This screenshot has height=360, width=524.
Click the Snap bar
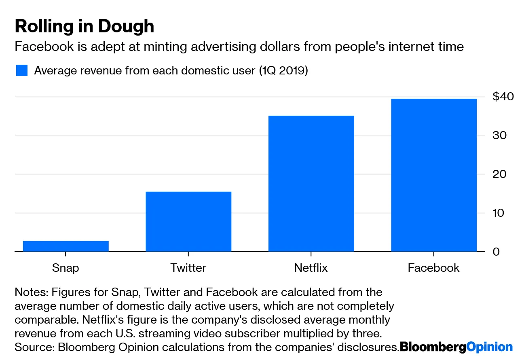click(x=66, y=246)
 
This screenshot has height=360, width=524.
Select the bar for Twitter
click(x=188, y=221)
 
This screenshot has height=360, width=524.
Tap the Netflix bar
click(x=311, y=183)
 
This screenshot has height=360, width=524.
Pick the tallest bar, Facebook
click(x=434, y=175)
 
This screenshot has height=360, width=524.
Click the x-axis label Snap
click(x=65, y=268)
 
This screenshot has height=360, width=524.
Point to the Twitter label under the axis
click(x=188, y=268)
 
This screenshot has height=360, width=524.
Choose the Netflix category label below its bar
click(x=311, y=268)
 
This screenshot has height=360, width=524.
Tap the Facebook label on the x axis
click(x=434, y=268)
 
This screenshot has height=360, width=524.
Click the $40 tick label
click(x=503, y=97)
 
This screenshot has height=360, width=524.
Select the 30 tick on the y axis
click(x=500, y=135)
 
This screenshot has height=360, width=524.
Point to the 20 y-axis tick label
click(x=500, y=174)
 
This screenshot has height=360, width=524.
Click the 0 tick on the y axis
click(x=497, y=252)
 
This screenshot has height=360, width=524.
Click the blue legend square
click(x=21, y=70)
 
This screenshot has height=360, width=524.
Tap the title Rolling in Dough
click(x=85, y=26)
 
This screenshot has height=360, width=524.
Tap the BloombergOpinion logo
click(x=456, y=347)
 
